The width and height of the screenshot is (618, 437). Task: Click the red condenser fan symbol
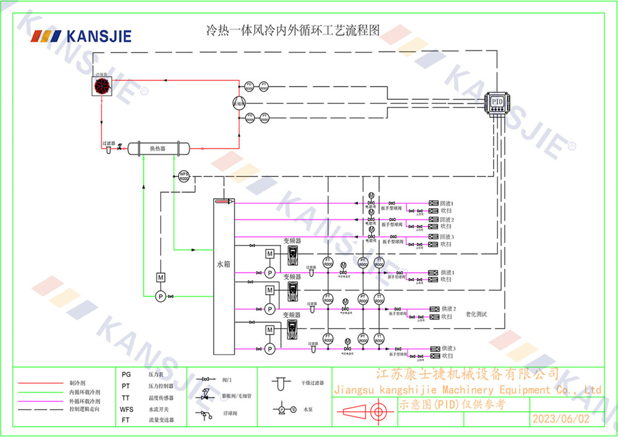click(x=102, y=87)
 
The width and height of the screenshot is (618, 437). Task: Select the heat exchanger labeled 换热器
click(x=158, y=149)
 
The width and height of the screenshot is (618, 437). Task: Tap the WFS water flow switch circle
click(x=184, y=176)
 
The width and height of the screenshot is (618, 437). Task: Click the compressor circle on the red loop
click(x=239, y=103)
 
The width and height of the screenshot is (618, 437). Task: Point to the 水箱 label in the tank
click(x=223, y=264)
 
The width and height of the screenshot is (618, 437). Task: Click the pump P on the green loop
click(x=160, y=296)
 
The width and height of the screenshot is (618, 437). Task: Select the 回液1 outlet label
click(x=447, y=203)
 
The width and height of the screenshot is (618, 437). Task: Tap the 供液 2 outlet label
click(x=449, y=308)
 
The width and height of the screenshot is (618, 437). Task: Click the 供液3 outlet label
click(x=448, y=348)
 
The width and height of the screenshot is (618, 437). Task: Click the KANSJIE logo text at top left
click(x=99, y=36)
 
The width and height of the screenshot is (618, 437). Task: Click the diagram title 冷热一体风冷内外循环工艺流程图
click(x=292, y=30)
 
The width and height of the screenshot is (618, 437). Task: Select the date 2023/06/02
click(x=561, y=418)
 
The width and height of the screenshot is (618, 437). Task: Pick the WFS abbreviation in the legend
click(x=127, y=409)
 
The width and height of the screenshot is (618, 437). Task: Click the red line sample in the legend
click(x=40, y=383)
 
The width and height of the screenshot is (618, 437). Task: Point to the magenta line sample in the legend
click(x=40, y=401)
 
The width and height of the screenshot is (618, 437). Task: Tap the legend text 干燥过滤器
click(x=313, y=384)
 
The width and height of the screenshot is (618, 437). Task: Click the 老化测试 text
click(x=476, y=314)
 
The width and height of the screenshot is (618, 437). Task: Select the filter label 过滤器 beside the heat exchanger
click(x=109, y=143)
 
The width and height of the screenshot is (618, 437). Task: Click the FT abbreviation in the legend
click(x=125, y=420)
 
